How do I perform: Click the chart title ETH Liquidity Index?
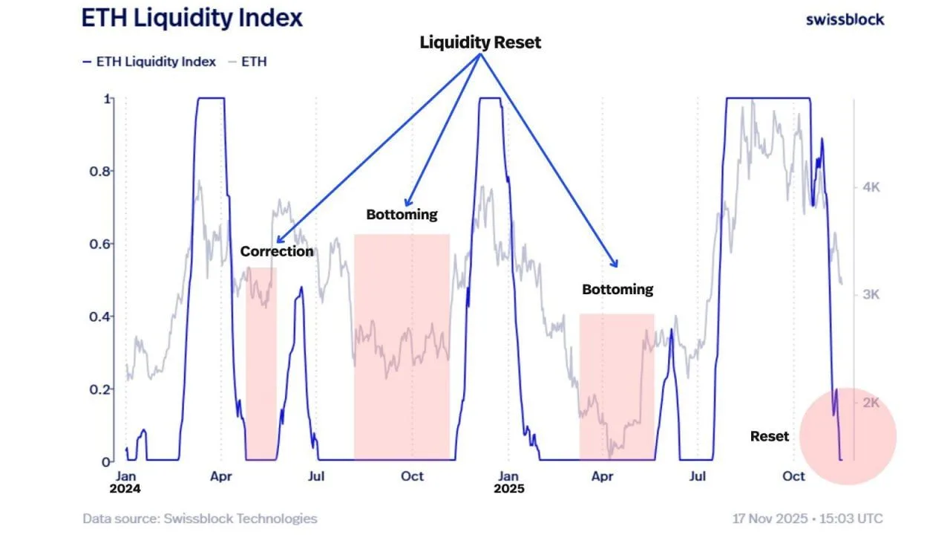pos(192,19)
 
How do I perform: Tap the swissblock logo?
pos(845,19)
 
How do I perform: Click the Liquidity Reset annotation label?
pos(480,42)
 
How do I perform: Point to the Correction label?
pos(277,251)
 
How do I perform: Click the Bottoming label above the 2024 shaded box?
pos(402,215)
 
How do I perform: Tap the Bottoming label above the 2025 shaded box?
pos(617,289)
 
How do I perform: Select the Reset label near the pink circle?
pos(770,436)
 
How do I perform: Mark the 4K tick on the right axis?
pos(870,187)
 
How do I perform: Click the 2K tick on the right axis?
pos(870,403)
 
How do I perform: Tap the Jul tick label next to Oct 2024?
pos(317,476)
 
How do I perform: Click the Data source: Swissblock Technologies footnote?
pos(200,519)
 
